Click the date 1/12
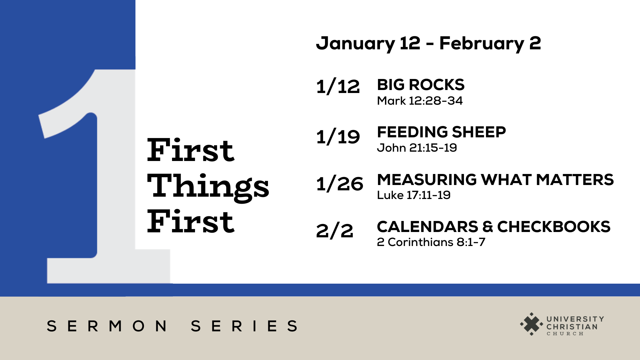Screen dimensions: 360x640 pos(338,87)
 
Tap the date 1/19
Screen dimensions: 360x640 pos(338,137)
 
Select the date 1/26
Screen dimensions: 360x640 pos(340,184)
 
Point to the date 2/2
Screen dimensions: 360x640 pos(335,231)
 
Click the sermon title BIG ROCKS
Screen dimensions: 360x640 pos(421,85)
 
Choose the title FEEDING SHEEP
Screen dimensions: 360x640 pos(441,132)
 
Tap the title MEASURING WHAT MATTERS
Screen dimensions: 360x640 pos(495,180)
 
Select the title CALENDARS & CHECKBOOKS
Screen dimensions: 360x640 pos(494,227)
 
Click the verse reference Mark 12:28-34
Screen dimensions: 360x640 pos(420,101)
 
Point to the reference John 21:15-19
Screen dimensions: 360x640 pos(417,148)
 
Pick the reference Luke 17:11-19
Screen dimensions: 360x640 pos(414,195)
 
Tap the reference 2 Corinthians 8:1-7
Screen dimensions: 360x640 pos(431,242)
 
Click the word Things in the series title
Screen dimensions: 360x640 pos(208,187)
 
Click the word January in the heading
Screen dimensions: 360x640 pos(355,44)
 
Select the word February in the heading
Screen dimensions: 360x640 pos(482,44)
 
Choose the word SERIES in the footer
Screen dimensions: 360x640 pos(244,326)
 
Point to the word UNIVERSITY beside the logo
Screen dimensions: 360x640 pos(575,319)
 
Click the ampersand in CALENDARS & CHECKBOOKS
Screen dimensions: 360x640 pos(488,227)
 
